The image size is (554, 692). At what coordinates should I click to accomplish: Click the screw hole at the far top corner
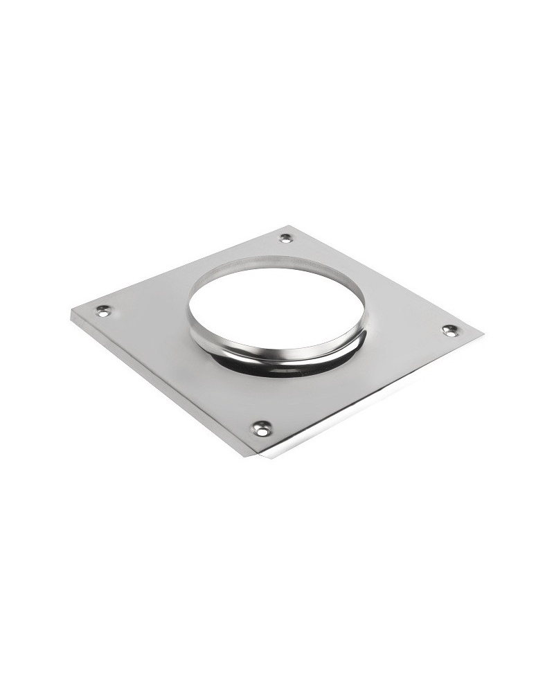[285, 238]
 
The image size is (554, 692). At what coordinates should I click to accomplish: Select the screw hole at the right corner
[449, 331]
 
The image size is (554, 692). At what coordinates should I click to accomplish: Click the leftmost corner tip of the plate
[72, 313]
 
